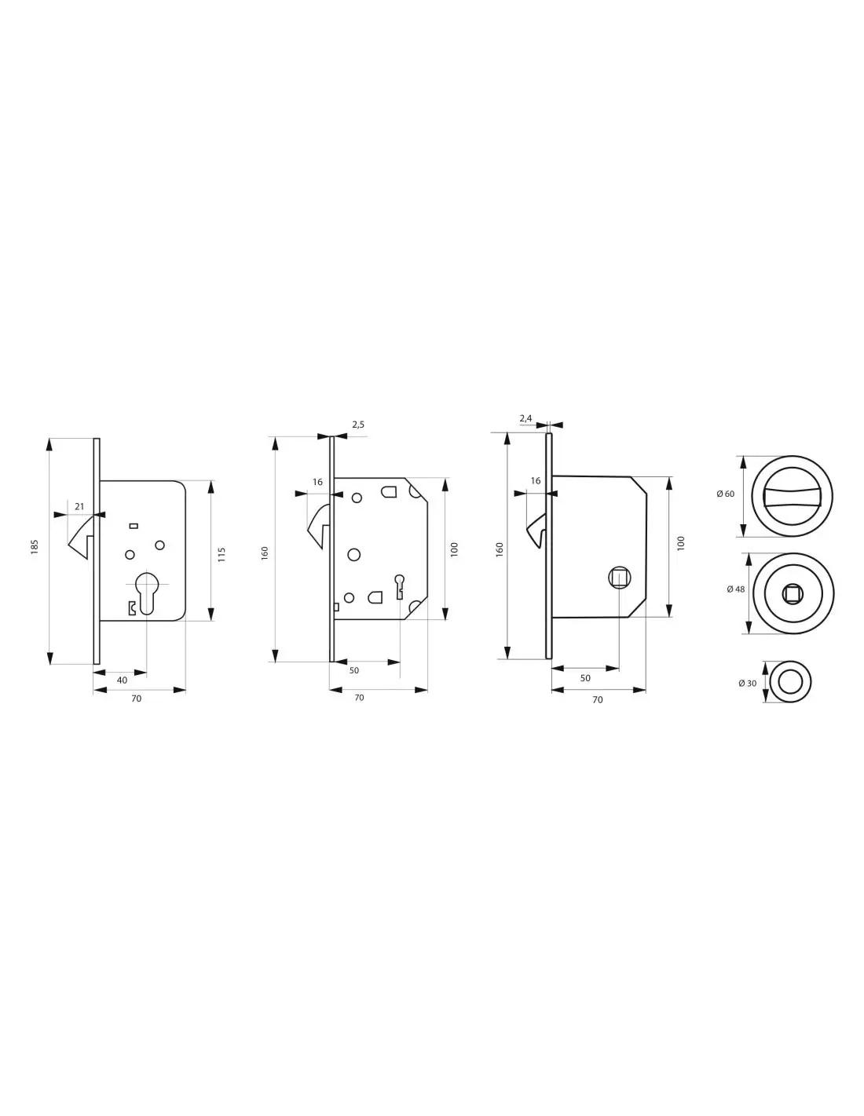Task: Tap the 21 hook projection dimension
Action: point(79,506)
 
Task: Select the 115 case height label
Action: point(221,554)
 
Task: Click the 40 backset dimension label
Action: point(122,680)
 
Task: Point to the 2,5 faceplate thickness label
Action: point(358,425)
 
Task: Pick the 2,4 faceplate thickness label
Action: point(525,418)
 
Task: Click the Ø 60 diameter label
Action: point(725,494)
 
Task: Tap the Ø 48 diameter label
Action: point(735,589)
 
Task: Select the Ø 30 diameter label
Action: point(747,683)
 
